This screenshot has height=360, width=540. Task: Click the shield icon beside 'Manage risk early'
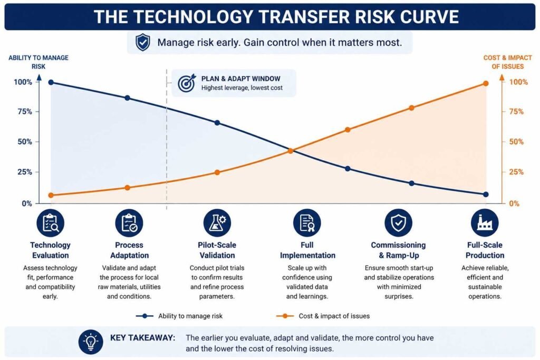click(x=142, y=42)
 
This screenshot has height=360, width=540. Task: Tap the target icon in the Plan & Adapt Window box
click(x=187, y=83)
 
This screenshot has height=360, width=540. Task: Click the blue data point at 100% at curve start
click(x=51, y=82)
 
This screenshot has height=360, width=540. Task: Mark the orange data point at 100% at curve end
click(x=486, y=83)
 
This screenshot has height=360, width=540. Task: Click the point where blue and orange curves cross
click(x=291, y=151)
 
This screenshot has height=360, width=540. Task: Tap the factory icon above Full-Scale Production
click(x=485, y=222)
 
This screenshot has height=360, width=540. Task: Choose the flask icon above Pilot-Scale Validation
click(x=217, y=222)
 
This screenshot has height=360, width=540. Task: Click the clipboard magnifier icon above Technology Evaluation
click(x=51, y=223)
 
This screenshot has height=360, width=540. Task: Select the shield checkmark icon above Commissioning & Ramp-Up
click(x=398, y=222)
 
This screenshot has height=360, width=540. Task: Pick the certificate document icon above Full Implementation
click(x=307, y=222)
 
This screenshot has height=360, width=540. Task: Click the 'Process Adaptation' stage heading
click(x=129, y=250)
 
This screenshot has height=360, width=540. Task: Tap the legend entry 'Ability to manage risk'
click(x=179, y=316)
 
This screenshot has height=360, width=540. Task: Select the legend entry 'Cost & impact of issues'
click(x=323, y=316)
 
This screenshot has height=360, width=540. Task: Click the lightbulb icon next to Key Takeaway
click(x=91, y=342)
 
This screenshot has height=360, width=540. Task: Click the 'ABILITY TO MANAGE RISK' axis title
click(x=38, y=62)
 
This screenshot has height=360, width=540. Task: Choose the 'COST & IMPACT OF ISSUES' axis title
click(x=508, y=62)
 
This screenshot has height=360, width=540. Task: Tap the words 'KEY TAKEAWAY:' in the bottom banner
click(x=142, y=338)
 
